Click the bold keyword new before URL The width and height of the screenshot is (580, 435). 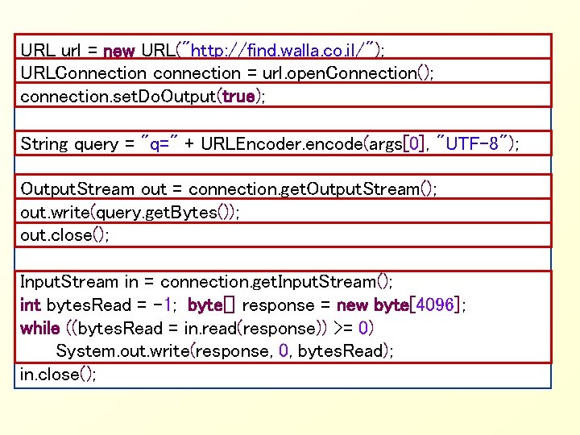118,50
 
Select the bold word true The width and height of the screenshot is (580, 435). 238,97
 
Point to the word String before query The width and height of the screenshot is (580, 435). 44,144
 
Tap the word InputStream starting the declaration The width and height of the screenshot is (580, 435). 69,282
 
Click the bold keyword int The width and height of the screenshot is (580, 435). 31,305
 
